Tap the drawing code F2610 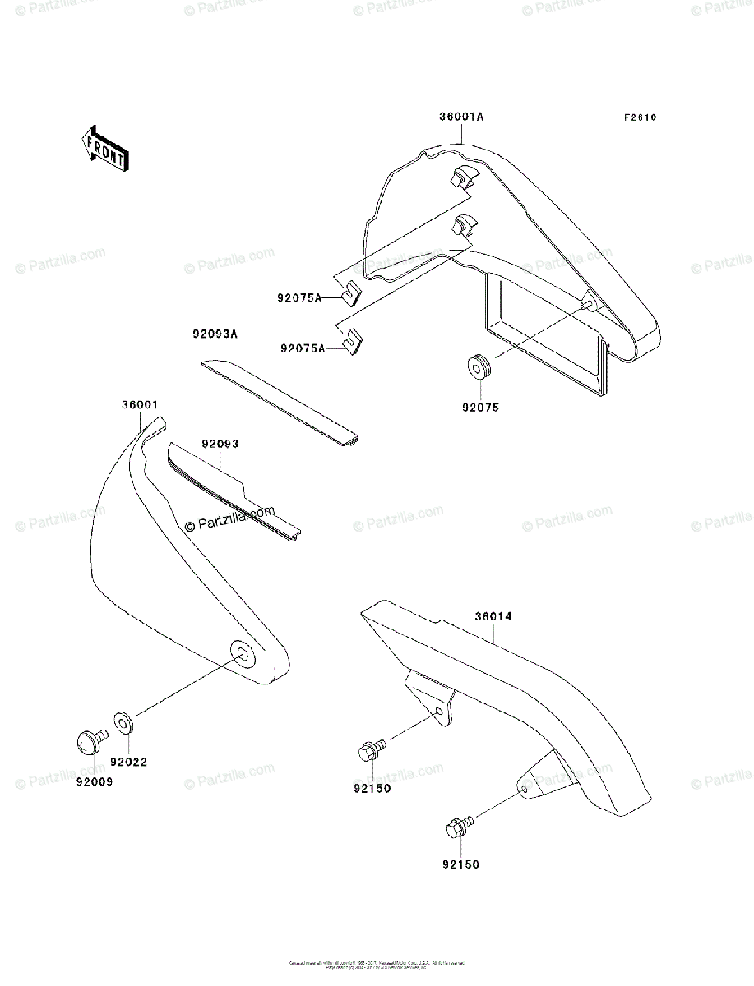639,117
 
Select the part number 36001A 460,117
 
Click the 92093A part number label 215,335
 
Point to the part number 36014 493,616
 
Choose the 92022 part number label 130,762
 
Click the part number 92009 95,782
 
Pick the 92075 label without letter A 480,407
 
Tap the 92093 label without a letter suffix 220,444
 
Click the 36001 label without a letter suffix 140,405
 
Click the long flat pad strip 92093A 280,399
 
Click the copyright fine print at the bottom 377,965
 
